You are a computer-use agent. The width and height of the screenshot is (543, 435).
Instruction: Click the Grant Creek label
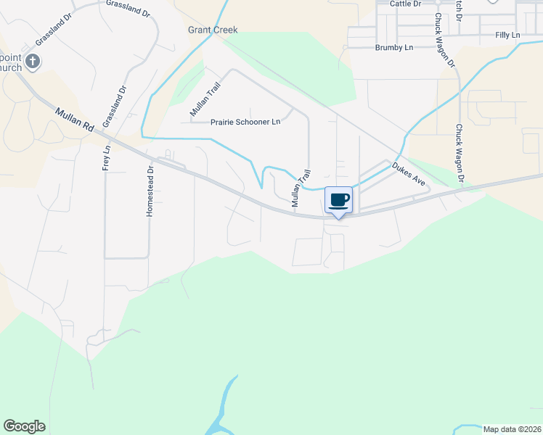tap(213, 30)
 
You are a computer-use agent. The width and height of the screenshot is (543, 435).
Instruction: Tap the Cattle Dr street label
tap(405, 4)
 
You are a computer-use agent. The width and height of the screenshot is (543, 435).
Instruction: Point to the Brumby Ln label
tap(393, 47)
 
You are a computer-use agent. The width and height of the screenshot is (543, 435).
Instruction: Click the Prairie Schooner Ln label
tap(245, 122)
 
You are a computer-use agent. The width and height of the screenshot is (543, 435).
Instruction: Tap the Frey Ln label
tap(106, 158)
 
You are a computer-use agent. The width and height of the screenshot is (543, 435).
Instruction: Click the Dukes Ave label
tap(408, 175)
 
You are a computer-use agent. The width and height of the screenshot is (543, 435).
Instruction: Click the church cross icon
tap(32, 61)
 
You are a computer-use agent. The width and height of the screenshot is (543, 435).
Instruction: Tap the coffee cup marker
tap(338, 199)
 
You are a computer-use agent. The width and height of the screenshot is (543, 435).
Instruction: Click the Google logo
tap(24, 426)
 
